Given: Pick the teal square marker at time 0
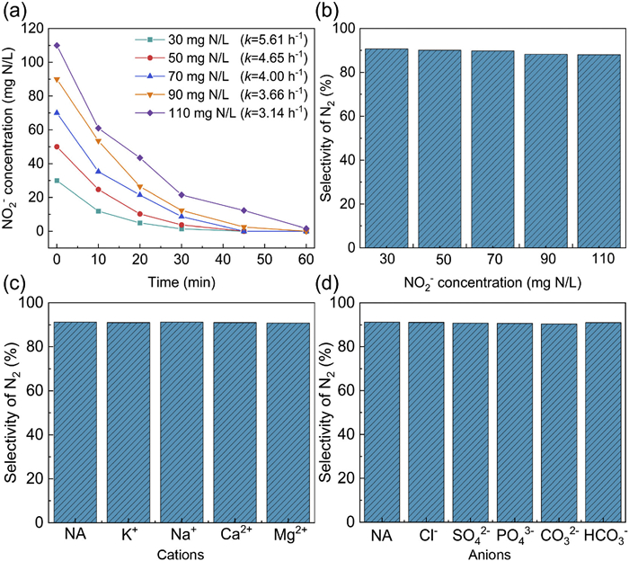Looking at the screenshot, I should [x=58, y=181].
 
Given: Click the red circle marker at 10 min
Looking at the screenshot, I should [x=98, y=190].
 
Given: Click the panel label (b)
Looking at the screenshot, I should [x=327, y=12].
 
